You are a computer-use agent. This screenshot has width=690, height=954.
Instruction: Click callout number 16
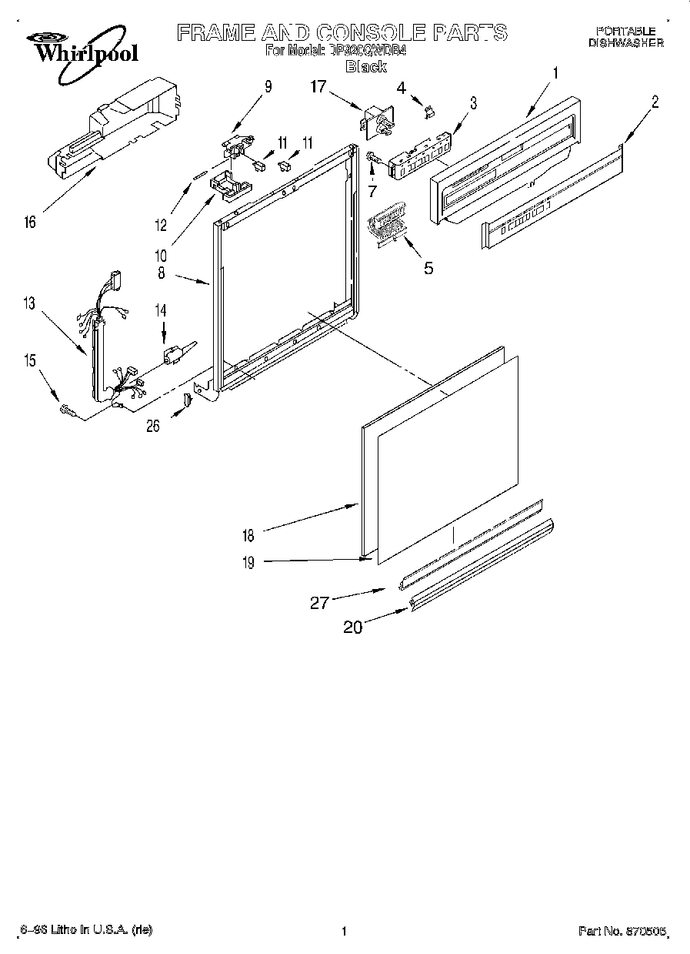(x=29, y=223)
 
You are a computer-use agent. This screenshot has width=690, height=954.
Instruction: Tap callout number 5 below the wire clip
(x=428, y=268)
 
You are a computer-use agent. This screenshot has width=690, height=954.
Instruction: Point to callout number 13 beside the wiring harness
(x=29, y=304)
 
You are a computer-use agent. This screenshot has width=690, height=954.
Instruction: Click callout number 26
(x=153, y=425)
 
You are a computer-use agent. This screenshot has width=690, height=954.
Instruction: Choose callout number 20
(x=352, y=627)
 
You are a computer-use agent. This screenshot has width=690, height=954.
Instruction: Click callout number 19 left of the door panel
(x=249, y=562)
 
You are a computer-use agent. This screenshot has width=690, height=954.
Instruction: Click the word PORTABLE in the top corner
(x=625, y=31)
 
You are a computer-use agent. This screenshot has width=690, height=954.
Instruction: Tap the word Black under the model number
(x=366, y=67)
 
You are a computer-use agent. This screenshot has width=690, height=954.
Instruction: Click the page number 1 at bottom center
(x=344, y=931)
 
